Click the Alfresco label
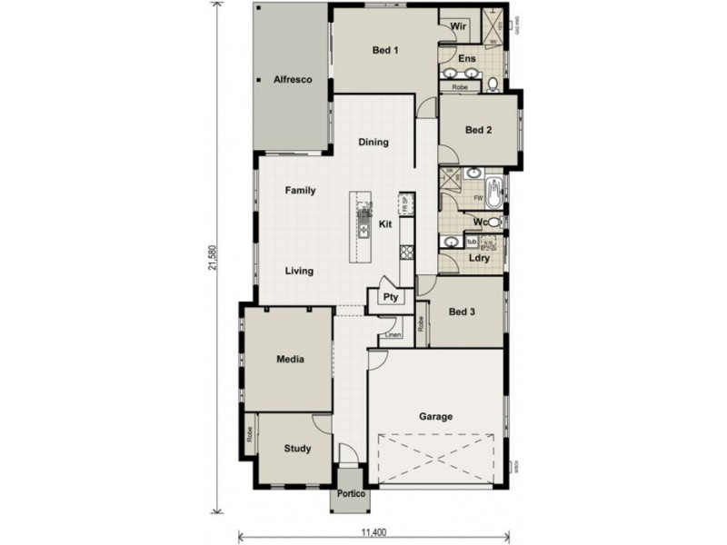click(x=293, y=81)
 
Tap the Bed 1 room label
click(x=385, y=51)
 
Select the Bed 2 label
click(x=478, y=130)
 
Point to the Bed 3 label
click(x=463, y=312)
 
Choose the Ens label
click(x=467, y=59)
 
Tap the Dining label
click(x=373, y=143)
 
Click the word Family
click(x=300, y=191)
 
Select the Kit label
click(x=385, y=223)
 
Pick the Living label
click(x=299, y=271)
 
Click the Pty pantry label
click(x=391, y=297)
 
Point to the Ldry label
click(x=479, y=258)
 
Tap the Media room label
click(x=290, y=360)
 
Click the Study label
click(x=297, y=449)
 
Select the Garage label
click(x=435, y=417)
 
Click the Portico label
click(x=350, y=494)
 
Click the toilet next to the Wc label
click(x=493, y=222)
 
